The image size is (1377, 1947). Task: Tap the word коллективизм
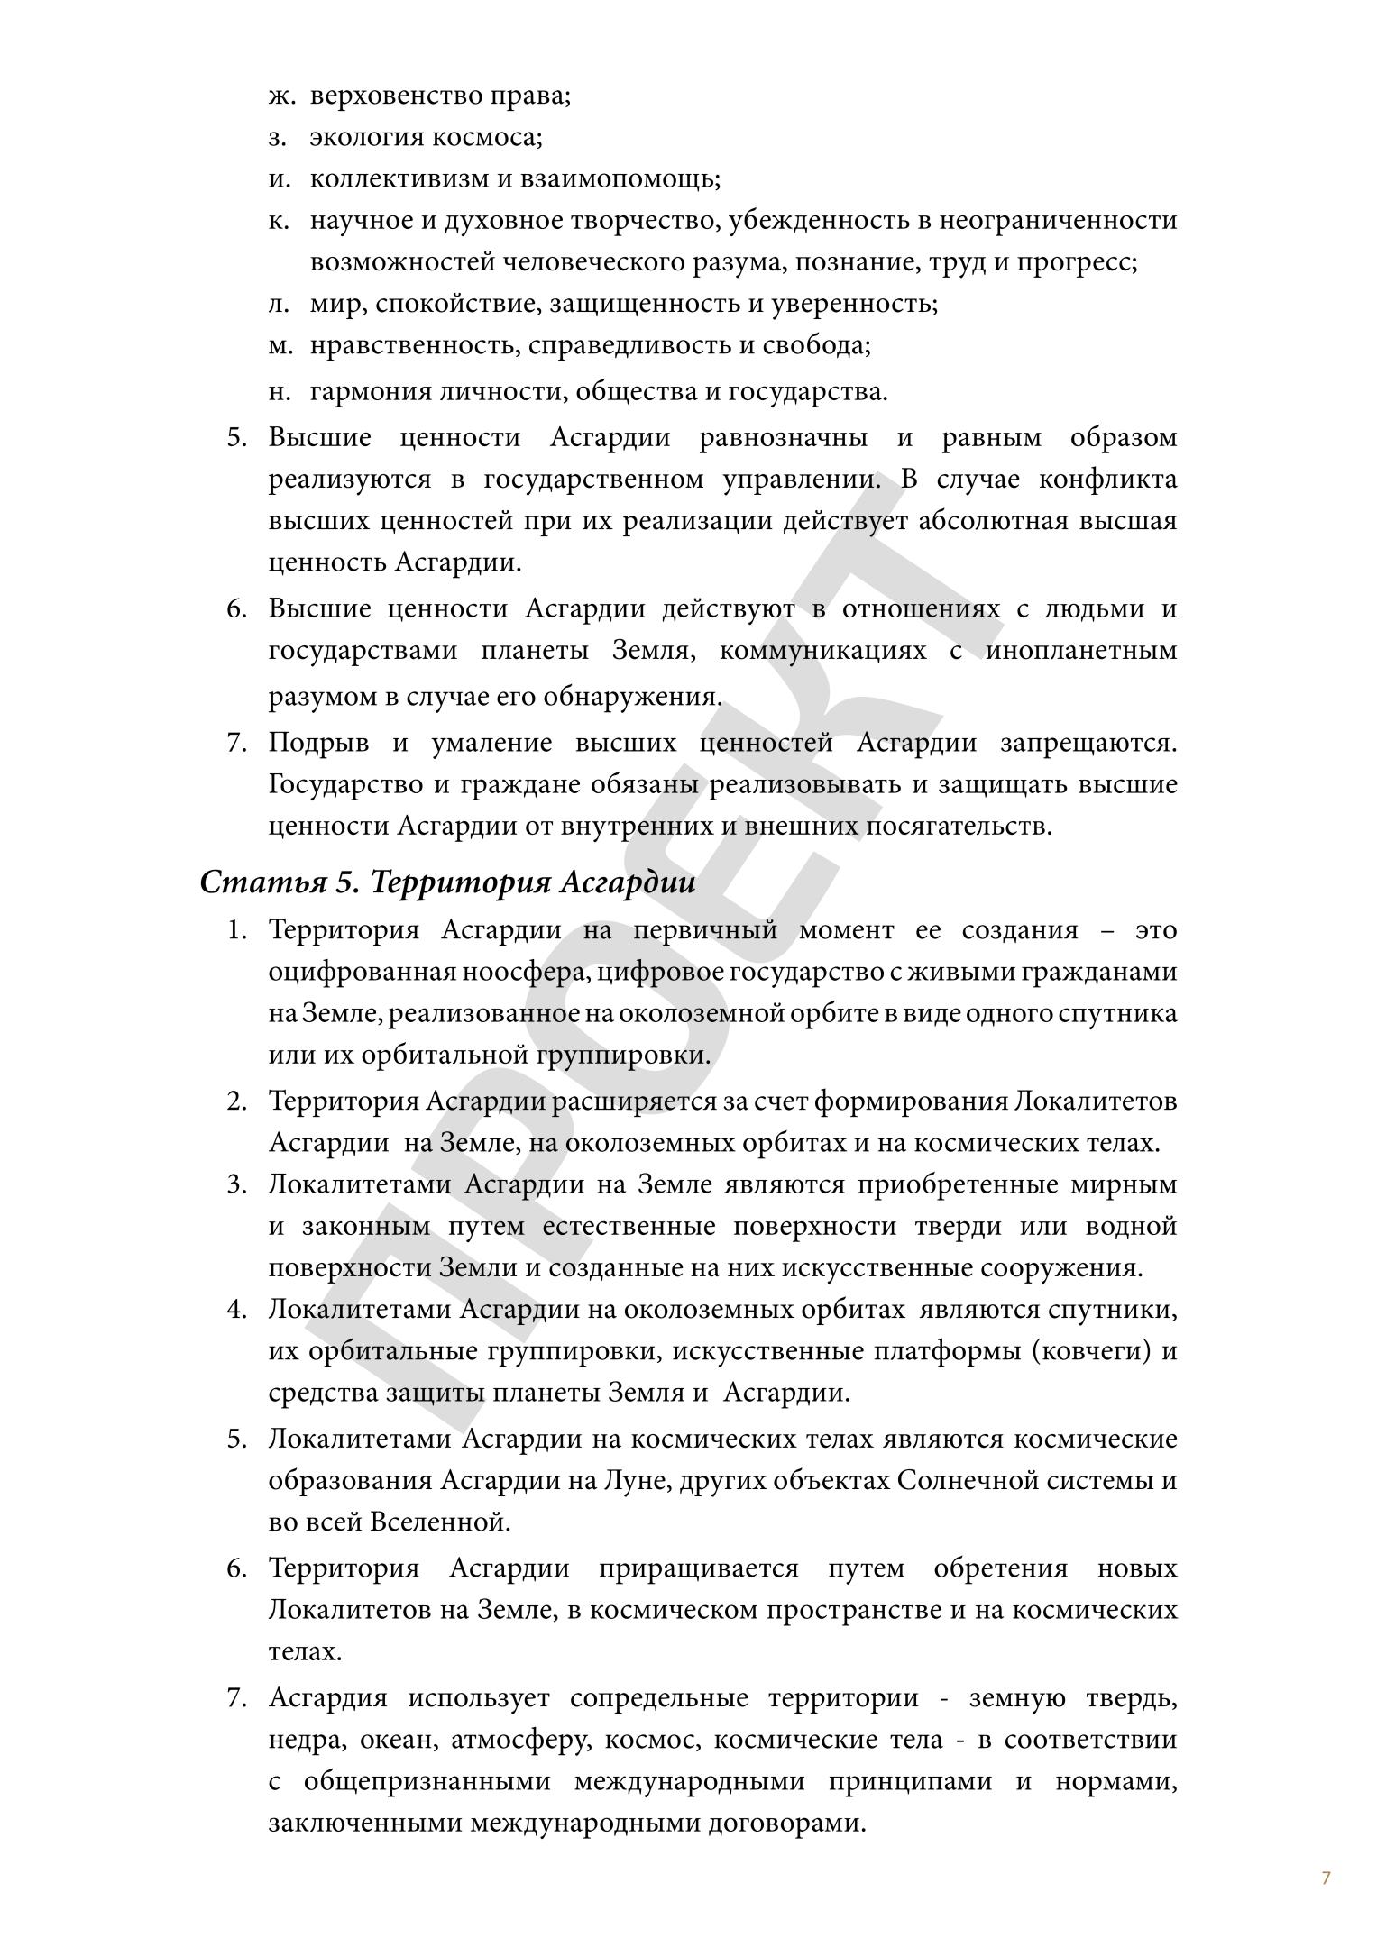pyautogui.click(x=398, y=178)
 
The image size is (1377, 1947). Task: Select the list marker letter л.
pyautogui.click(x=278, y=304)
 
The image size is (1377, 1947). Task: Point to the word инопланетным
pyautogui.click(x=1080, y=651)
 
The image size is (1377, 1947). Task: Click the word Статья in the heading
pyautogui.click(x=262, y=882)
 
